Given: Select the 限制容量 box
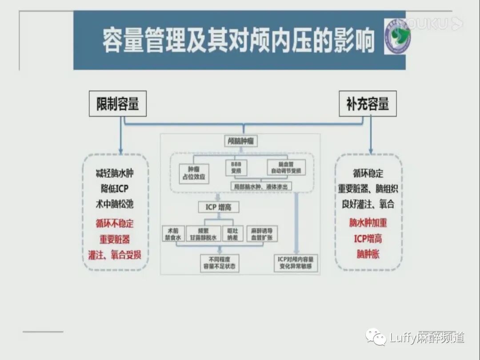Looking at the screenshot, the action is [x=118, y=104].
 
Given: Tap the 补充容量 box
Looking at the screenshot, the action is [x=368, y=104].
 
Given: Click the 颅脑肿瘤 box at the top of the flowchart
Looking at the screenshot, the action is [x=240, y=141].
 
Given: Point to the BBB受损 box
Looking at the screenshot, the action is [x=236, y=167].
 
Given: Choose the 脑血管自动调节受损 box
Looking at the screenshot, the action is [x=286, y=167].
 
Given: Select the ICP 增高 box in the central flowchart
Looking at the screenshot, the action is [x=218, y=207].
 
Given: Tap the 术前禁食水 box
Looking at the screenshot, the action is [x=173, y=234].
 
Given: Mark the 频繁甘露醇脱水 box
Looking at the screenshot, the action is [x=204, y=234].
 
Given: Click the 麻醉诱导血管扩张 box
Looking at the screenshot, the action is [x=262, y=234].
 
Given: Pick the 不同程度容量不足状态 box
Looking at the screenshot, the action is [x=220, y=263].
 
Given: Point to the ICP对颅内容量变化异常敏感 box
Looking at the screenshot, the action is [x=296, y=263].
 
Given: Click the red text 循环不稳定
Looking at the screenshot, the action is [x=115, y=224].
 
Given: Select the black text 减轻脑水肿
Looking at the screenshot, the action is [x=115, y=173].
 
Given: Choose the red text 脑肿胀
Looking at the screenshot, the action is [x=368, y=254].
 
